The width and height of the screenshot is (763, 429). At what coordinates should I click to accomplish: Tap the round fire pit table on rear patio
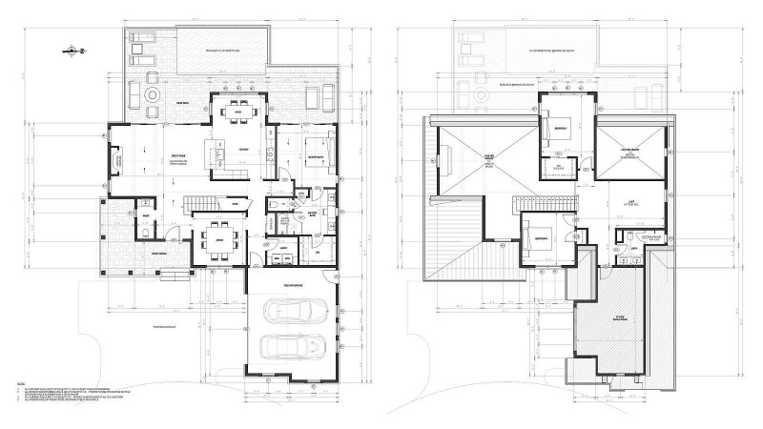click(154, 96)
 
